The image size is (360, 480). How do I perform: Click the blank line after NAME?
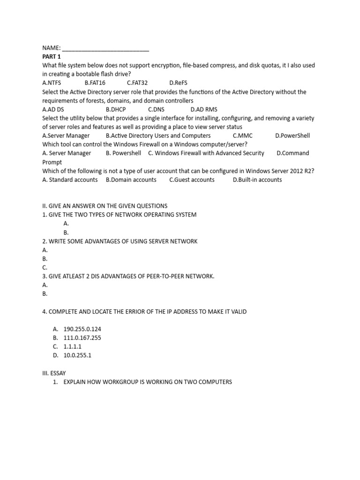[105, 48]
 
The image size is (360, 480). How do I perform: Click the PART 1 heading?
[52, 57]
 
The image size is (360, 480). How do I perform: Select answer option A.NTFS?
[52, 83]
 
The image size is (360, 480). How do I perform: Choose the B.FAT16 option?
[95, 83]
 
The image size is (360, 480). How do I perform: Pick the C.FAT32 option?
[137, 83]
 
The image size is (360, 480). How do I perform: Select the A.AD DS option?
[53, 110]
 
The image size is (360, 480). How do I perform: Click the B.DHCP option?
[116, 110]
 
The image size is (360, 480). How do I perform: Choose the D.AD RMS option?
[204, 110]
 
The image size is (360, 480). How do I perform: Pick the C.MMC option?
[242, 136]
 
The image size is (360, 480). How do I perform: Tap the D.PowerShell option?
[292, 136]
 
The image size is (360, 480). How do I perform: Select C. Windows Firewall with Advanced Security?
[206, 153]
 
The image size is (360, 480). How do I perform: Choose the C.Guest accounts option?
[192, 180]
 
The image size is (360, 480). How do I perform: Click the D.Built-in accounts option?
[257, 180]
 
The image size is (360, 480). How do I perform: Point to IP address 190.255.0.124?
[82, 329]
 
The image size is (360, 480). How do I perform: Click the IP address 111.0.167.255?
[82, 337]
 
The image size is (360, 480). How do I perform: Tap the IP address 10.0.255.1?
[77, 355]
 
